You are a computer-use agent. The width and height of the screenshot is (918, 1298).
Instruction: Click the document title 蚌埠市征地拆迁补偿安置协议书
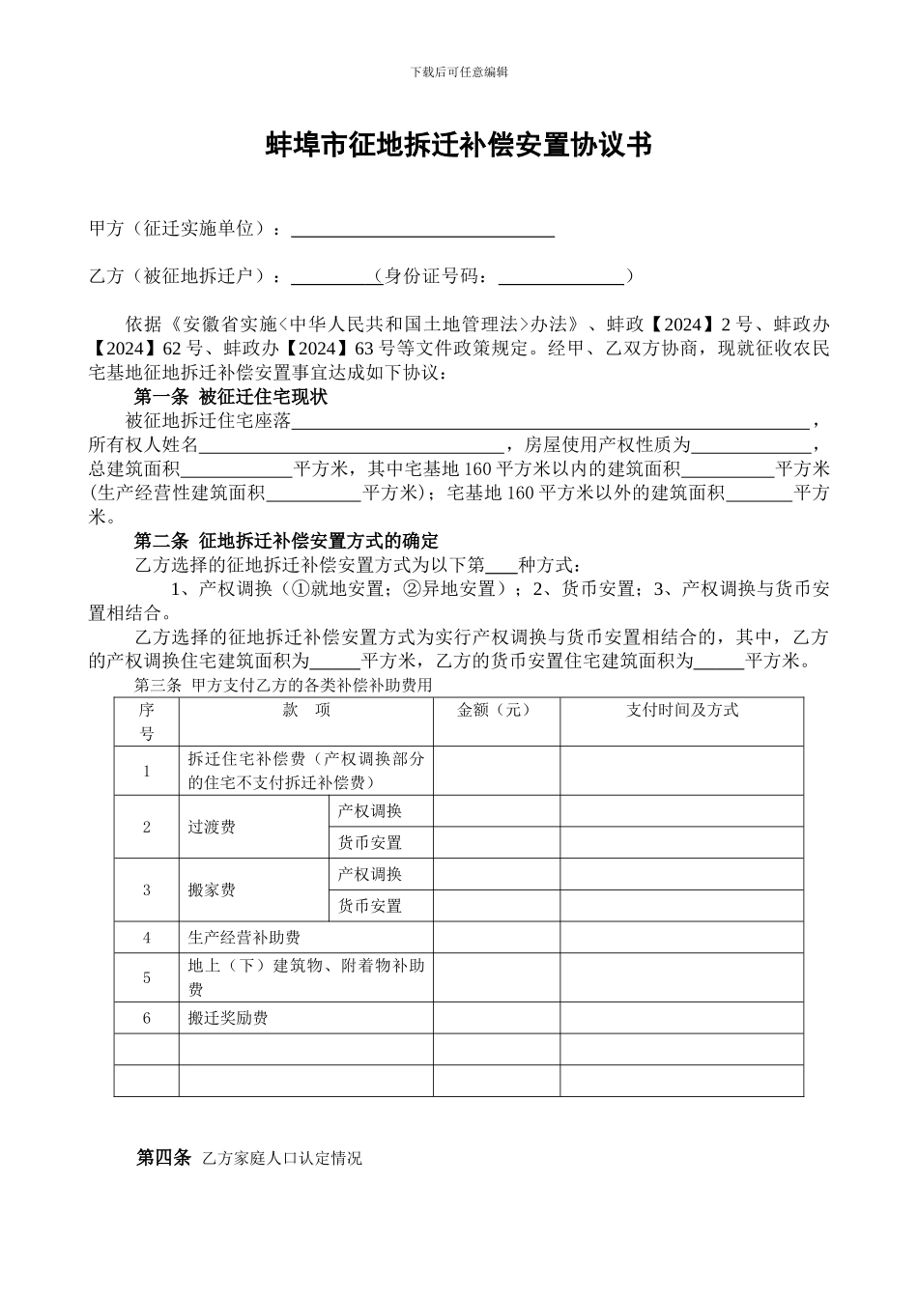pos(459,145)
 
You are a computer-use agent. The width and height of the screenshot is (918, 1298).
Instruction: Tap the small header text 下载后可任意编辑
pos(459,71)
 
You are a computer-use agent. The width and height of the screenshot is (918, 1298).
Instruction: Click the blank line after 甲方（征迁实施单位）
pos(422,230)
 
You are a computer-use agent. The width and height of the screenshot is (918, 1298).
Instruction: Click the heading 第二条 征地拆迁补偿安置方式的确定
pos(285,541)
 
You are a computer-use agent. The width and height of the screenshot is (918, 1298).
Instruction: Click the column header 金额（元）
pos(495,710)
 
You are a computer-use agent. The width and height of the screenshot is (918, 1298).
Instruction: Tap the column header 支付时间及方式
pos(681,710)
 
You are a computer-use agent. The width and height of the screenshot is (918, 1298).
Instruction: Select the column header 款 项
pos(306,710)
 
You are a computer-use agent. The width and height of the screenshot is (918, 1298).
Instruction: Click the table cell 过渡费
pos(212,827)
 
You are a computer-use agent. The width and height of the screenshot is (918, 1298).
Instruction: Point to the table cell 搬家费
pos(212,889)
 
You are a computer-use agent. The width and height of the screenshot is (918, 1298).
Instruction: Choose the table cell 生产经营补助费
pos(244,938)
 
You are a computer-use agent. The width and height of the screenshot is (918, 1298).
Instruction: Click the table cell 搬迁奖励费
pos(228,1018)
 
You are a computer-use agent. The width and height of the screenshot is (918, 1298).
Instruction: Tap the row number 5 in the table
pos(147,977)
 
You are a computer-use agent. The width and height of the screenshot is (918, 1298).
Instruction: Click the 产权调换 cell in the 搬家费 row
pos(370,874)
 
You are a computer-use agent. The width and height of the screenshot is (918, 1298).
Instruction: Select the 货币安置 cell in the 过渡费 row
pos(370,842)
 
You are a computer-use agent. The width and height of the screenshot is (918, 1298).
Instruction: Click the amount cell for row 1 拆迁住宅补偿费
pos(496,771)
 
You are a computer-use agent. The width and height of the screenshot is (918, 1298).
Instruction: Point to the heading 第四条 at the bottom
pos(164,1157)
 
